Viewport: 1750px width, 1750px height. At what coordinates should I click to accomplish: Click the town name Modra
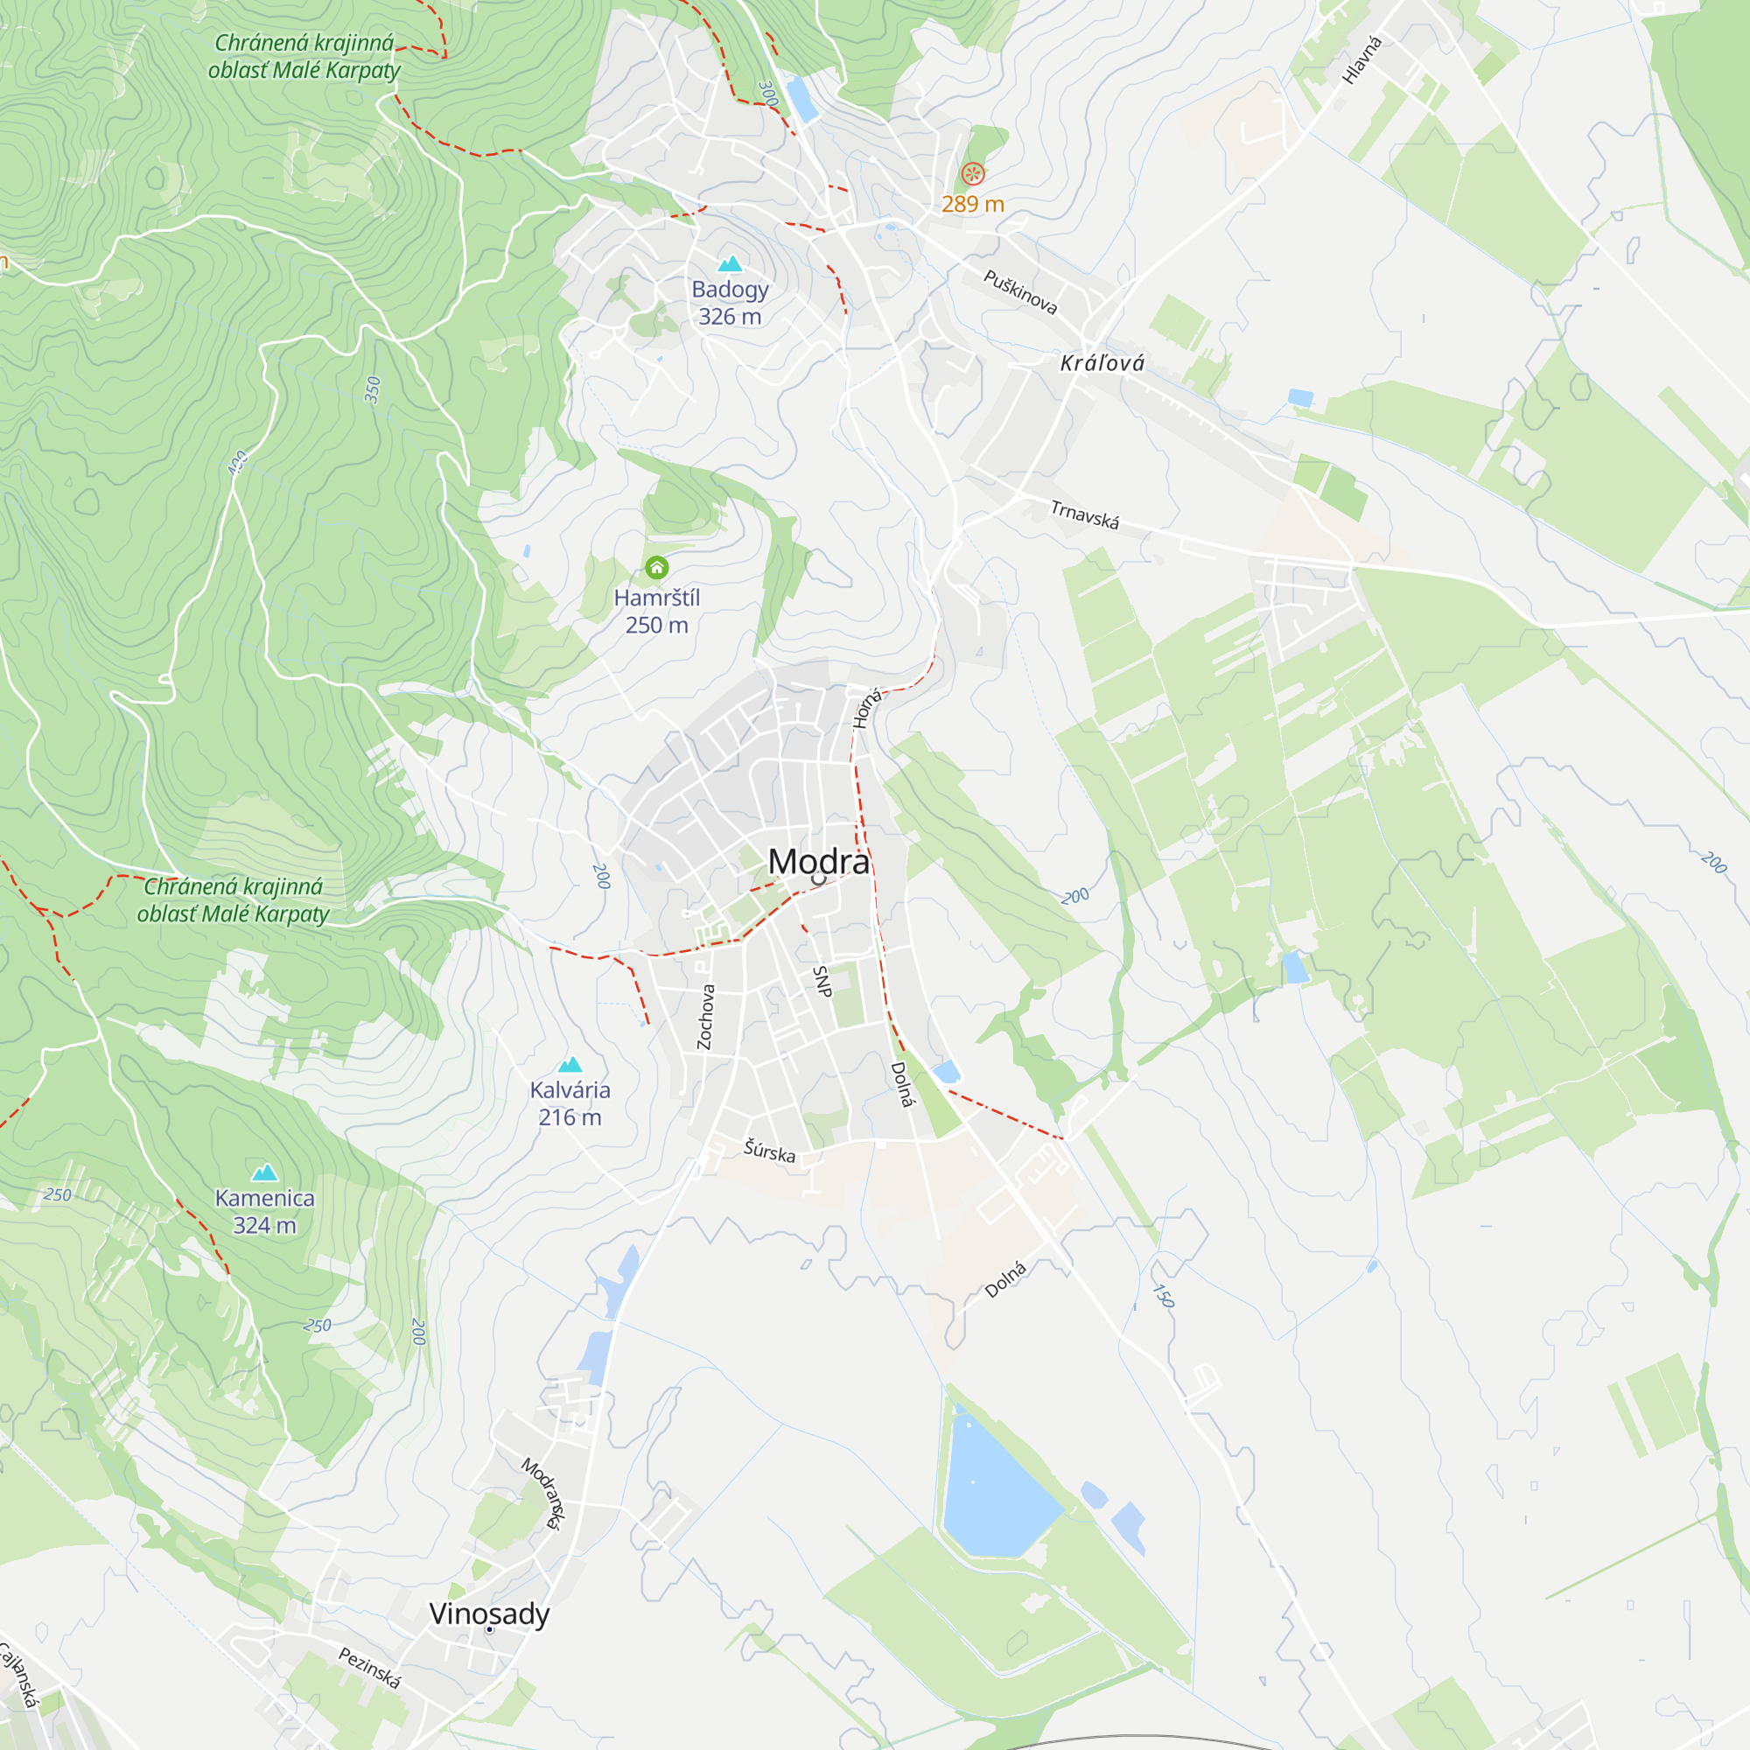(818, 861)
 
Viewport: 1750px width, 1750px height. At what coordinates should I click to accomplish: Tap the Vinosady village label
(489, 1613)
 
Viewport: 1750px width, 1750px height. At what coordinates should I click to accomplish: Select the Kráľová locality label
(1102, 363)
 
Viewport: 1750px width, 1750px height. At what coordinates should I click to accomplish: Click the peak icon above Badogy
(730, 263)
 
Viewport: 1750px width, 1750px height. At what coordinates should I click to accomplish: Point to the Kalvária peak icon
(570, 1064)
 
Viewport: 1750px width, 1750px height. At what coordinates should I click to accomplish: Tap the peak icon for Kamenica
(264, 1173)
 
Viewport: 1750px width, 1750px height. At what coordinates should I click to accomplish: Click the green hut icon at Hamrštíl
(657, 568)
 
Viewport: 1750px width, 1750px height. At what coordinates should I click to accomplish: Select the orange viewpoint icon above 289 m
(972, 173)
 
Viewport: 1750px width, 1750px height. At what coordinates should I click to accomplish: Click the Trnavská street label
(1084, 514)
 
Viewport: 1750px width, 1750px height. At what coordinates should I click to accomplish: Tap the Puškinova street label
(1021, 291)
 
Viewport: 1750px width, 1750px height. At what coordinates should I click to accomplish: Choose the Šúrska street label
(769, 1151)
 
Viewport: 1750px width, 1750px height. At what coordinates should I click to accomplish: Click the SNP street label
(822, 981)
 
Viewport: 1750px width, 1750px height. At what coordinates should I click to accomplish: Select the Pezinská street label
(369, 1668)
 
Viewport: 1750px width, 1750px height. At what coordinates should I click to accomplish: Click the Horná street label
(867, 709)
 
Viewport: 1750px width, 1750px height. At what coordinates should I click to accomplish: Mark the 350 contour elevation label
(372, 389)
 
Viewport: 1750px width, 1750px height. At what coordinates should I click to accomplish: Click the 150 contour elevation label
(1163, 1295)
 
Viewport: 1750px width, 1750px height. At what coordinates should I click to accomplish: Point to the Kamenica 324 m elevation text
(264, 1226)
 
